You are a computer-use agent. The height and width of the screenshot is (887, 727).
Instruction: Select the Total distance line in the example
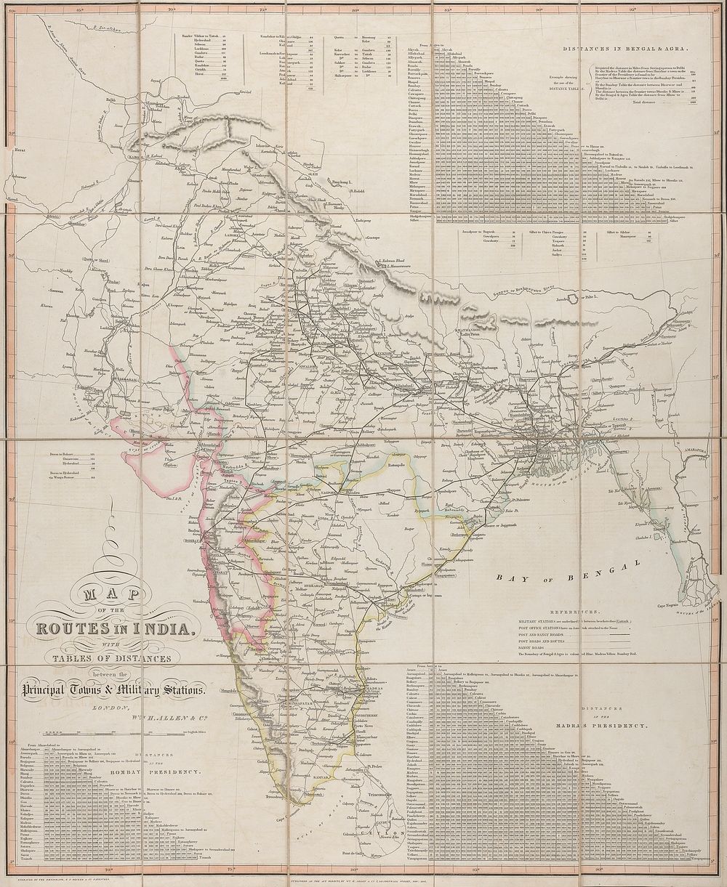click(648, 102)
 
